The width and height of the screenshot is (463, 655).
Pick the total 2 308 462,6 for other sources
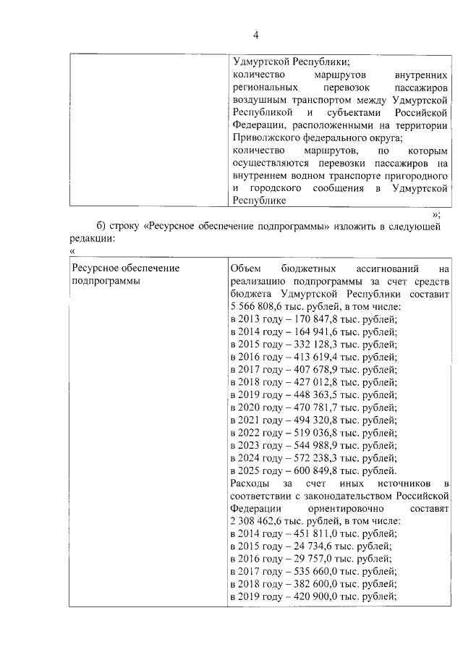[x=258, y=521]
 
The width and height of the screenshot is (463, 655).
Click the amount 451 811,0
[x=314, y=533]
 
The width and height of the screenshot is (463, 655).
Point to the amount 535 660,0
[x=314, y=572]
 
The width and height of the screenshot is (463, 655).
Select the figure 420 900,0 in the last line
[x=314, y=597]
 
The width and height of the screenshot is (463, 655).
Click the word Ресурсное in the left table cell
[x=95, y=268]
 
